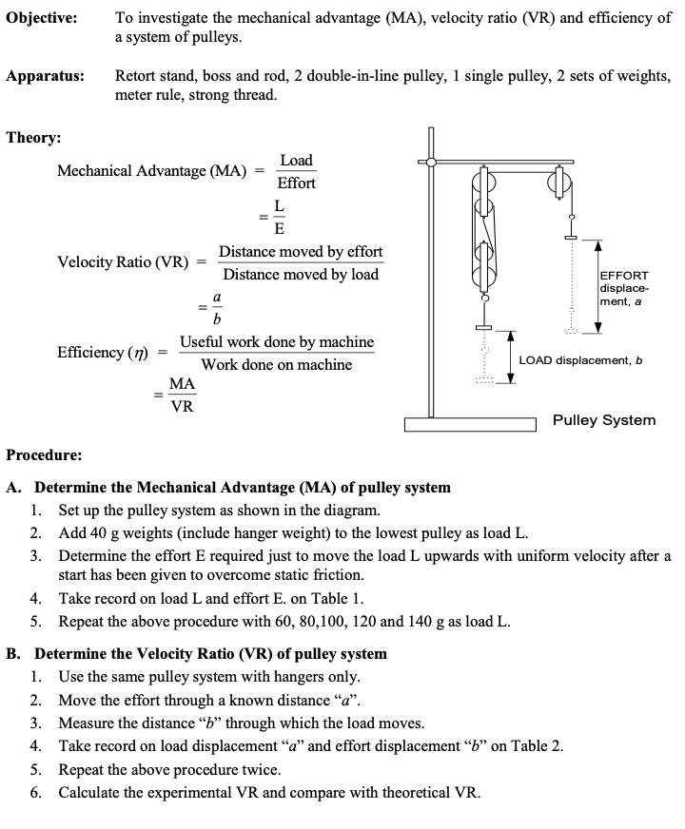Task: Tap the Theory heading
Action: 34,138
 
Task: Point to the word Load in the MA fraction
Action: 296,160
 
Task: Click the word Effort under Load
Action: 296,183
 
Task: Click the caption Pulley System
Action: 603,420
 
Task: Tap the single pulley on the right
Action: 558,181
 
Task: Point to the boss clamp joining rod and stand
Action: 431,163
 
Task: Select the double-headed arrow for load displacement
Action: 510,357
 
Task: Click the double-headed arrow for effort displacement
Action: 597,285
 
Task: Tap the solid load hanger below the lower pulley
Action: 484,328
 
